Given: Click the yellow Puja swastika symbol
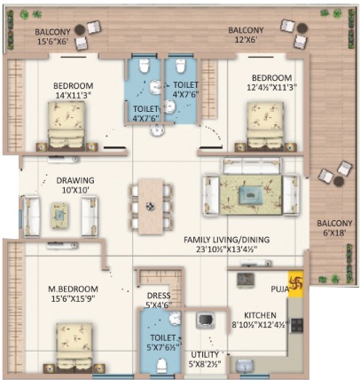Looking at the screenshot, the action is tap(296, 284).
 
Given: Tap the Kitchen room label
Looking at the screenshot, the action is tap(260, 315).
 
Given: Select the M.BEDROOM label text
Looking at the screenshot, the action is tap(73, 289).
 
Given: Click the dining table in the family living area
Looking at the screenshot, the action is tap(151, 206).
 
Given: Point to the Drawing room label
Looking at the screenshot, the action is tap(75, 180).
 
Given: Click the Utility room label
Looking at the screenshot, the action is tap(205, 354).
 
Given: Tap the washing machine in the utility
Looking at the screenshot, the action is tap(206, 321).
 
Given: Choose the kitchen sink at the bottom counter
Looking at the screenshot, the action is tap(245, 366).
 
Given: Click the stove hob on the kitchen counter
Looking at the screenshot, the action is tap(297, 325).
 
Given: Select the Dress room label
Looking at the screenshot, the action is tap(159, 296).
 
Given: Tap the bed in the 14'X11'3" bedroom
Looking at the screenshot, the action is tap(67, 126).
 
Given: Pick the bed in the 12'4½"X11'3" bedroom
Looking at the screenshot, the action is tap(265, 126).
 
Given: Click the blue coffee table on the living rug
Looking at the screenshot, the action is tap(251, 195).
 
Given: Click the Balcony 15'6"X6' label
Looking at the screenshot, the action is tap(52, 36).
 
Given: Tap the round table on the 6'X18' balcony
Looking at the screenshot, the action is tap(339, 180).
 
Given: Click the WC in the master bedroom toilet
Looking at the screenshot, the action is tap(161, 366).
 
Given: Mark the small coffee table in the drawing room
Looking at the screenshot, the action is tap(59, 215).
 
